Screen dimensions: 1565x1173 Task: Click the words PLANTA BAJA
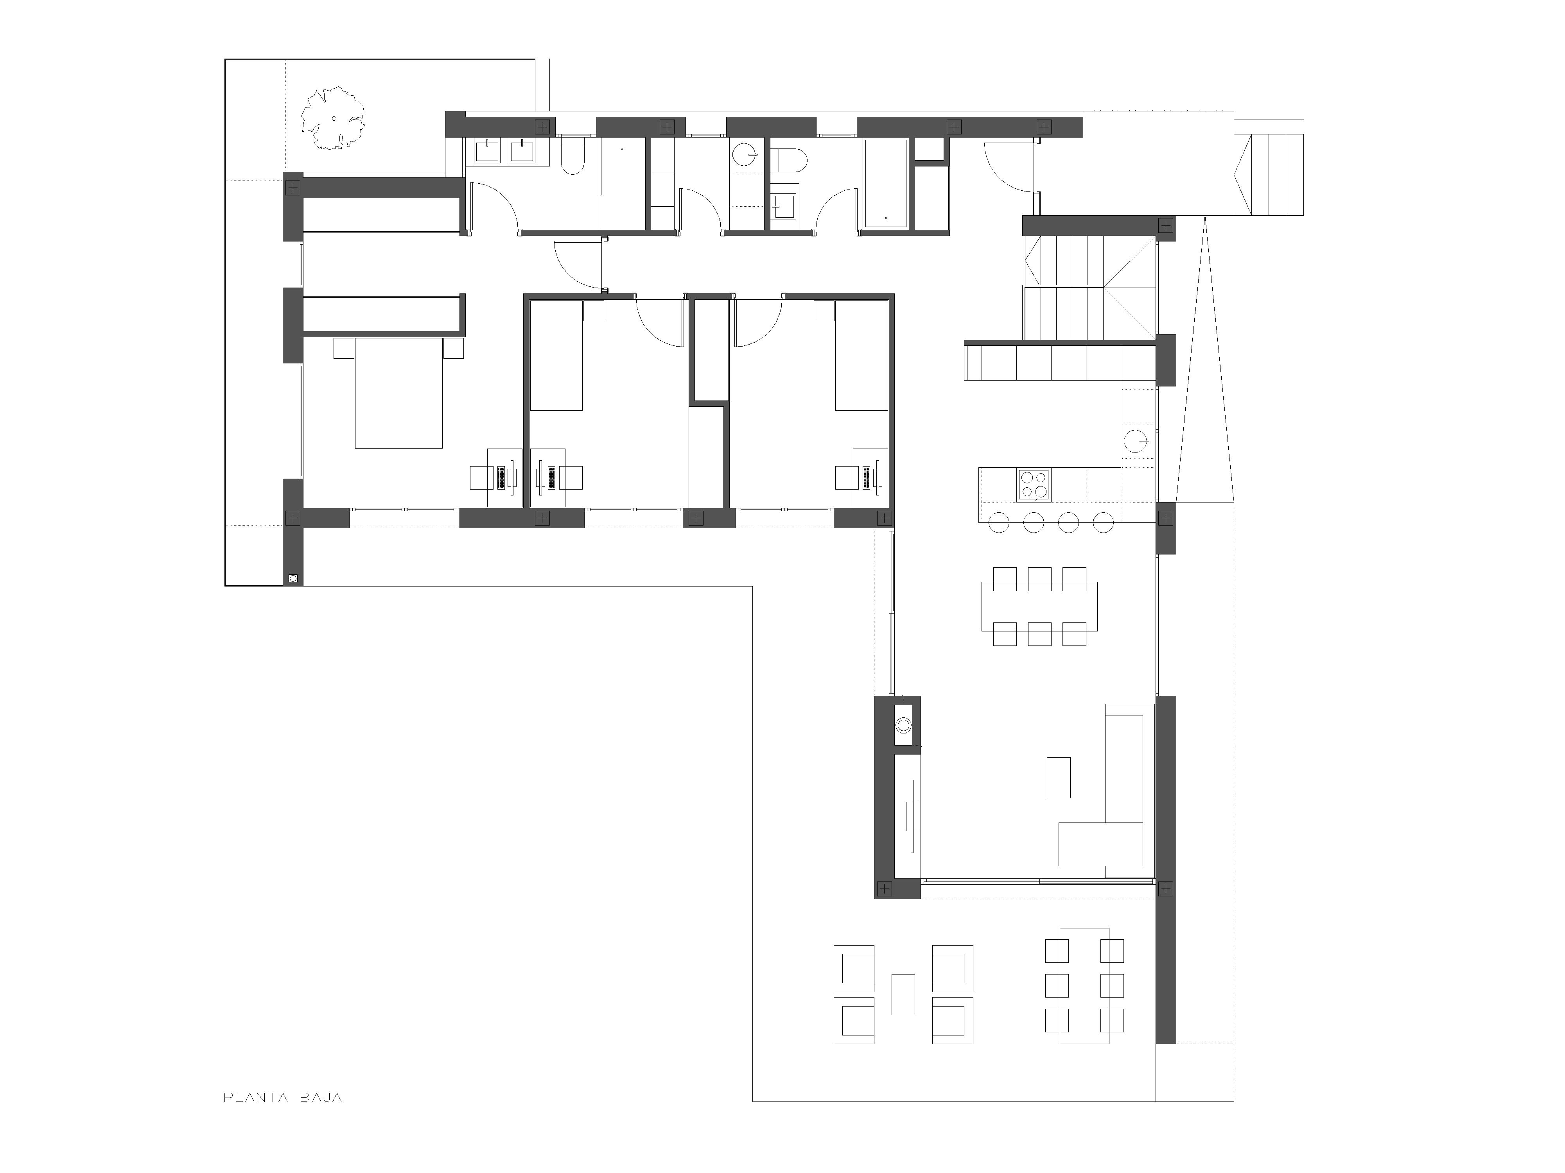283,1098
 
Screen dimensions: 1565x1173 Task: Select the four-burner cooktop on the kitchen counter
1034,485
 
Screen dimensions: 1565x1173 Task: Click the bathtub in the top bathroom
886,183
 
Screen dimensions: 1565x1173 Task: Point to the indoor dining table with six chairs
1039,606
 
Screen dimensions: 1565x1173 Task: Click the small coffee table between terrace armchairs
903,994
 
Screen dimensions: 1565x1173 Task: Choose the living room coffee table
1059,778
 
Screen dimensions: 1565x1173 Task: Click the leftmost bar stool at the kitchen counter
998,522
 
